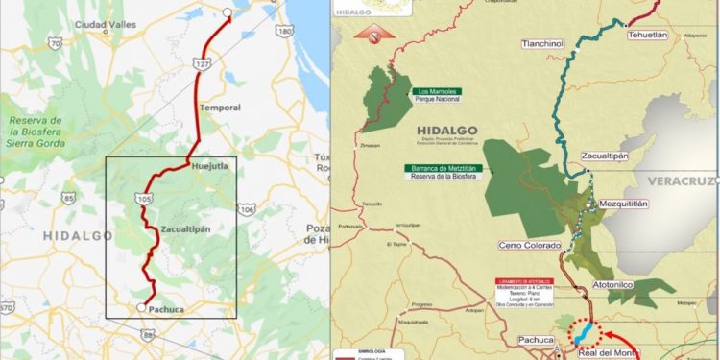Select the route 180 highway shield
point(283,31)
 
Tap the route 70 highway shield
point(56,43)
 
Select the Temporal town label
point(219,108)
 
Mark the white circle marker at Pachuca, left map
point(141,308)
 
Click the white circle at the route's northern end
point(227,13)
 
